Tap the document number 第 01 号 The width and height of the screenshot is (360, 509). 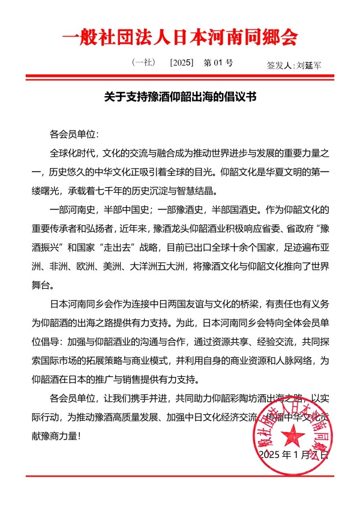point(218,62)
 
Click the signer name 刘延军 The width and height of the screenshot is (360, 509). point(309,65)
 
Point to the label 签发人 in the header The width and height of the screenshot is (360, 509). point(280,65)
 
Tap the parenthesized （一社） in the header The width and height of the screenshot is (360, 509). point(143,62)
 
